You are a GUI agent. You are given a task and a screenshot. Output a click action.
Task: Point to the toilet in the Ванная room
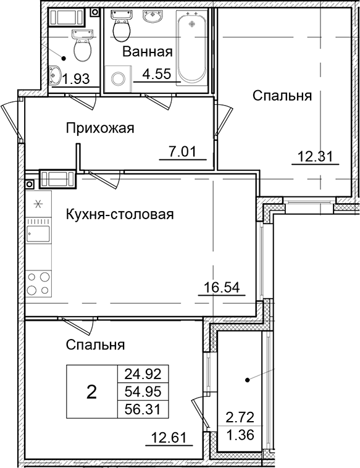(x=121, y=27)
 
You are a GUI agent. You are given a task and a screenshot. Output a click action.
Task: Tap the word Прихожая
(x=100, y=128)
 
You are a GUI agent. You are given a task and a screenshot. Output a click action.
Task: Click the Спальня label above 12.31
(x=282, y=96)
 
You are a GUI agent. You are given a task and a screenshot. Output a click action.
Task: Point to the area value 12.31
(x=314, y=157)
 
